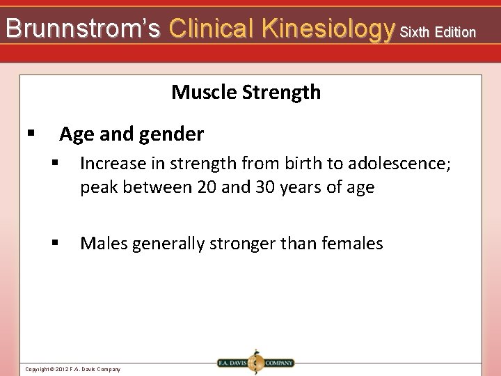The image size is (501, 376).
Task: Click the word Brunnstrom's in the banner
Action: pyautogui.click(x=83, y=29)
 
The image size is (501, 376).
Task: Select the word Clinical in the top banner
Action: pyautogui.click(x=213, y=29)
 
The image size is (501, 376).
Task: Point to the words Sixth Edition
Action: pyautogui.click(x=438, y=31)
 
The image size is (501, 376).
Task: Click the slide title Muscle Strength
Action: pyautogui.click(x=246, y=92)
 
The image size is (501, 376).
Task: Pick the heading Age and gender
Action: pyautogui.click(x=132, y=134)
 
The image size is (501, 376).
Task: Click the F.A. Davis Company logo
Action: pyautogui.click(x=255, y=363)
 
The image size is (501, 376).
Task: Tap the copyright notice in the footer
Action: pyautogui.click(x=72, y=369)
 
